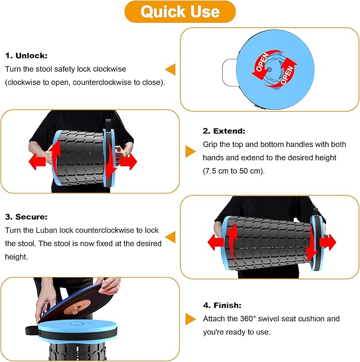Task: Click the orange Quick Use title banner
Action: coord(180,12)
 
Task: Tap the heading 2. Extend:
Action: coord(223,131)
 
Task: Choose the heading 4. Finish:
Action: coord(222,305)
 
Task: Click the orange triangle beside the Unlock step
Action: coord(170,69)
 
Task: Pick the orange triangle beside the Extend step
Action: coord(190,151)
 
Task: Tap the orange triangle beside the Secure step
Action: coord(170,237)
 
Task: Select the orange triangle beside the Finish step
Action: coord(190,319)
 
